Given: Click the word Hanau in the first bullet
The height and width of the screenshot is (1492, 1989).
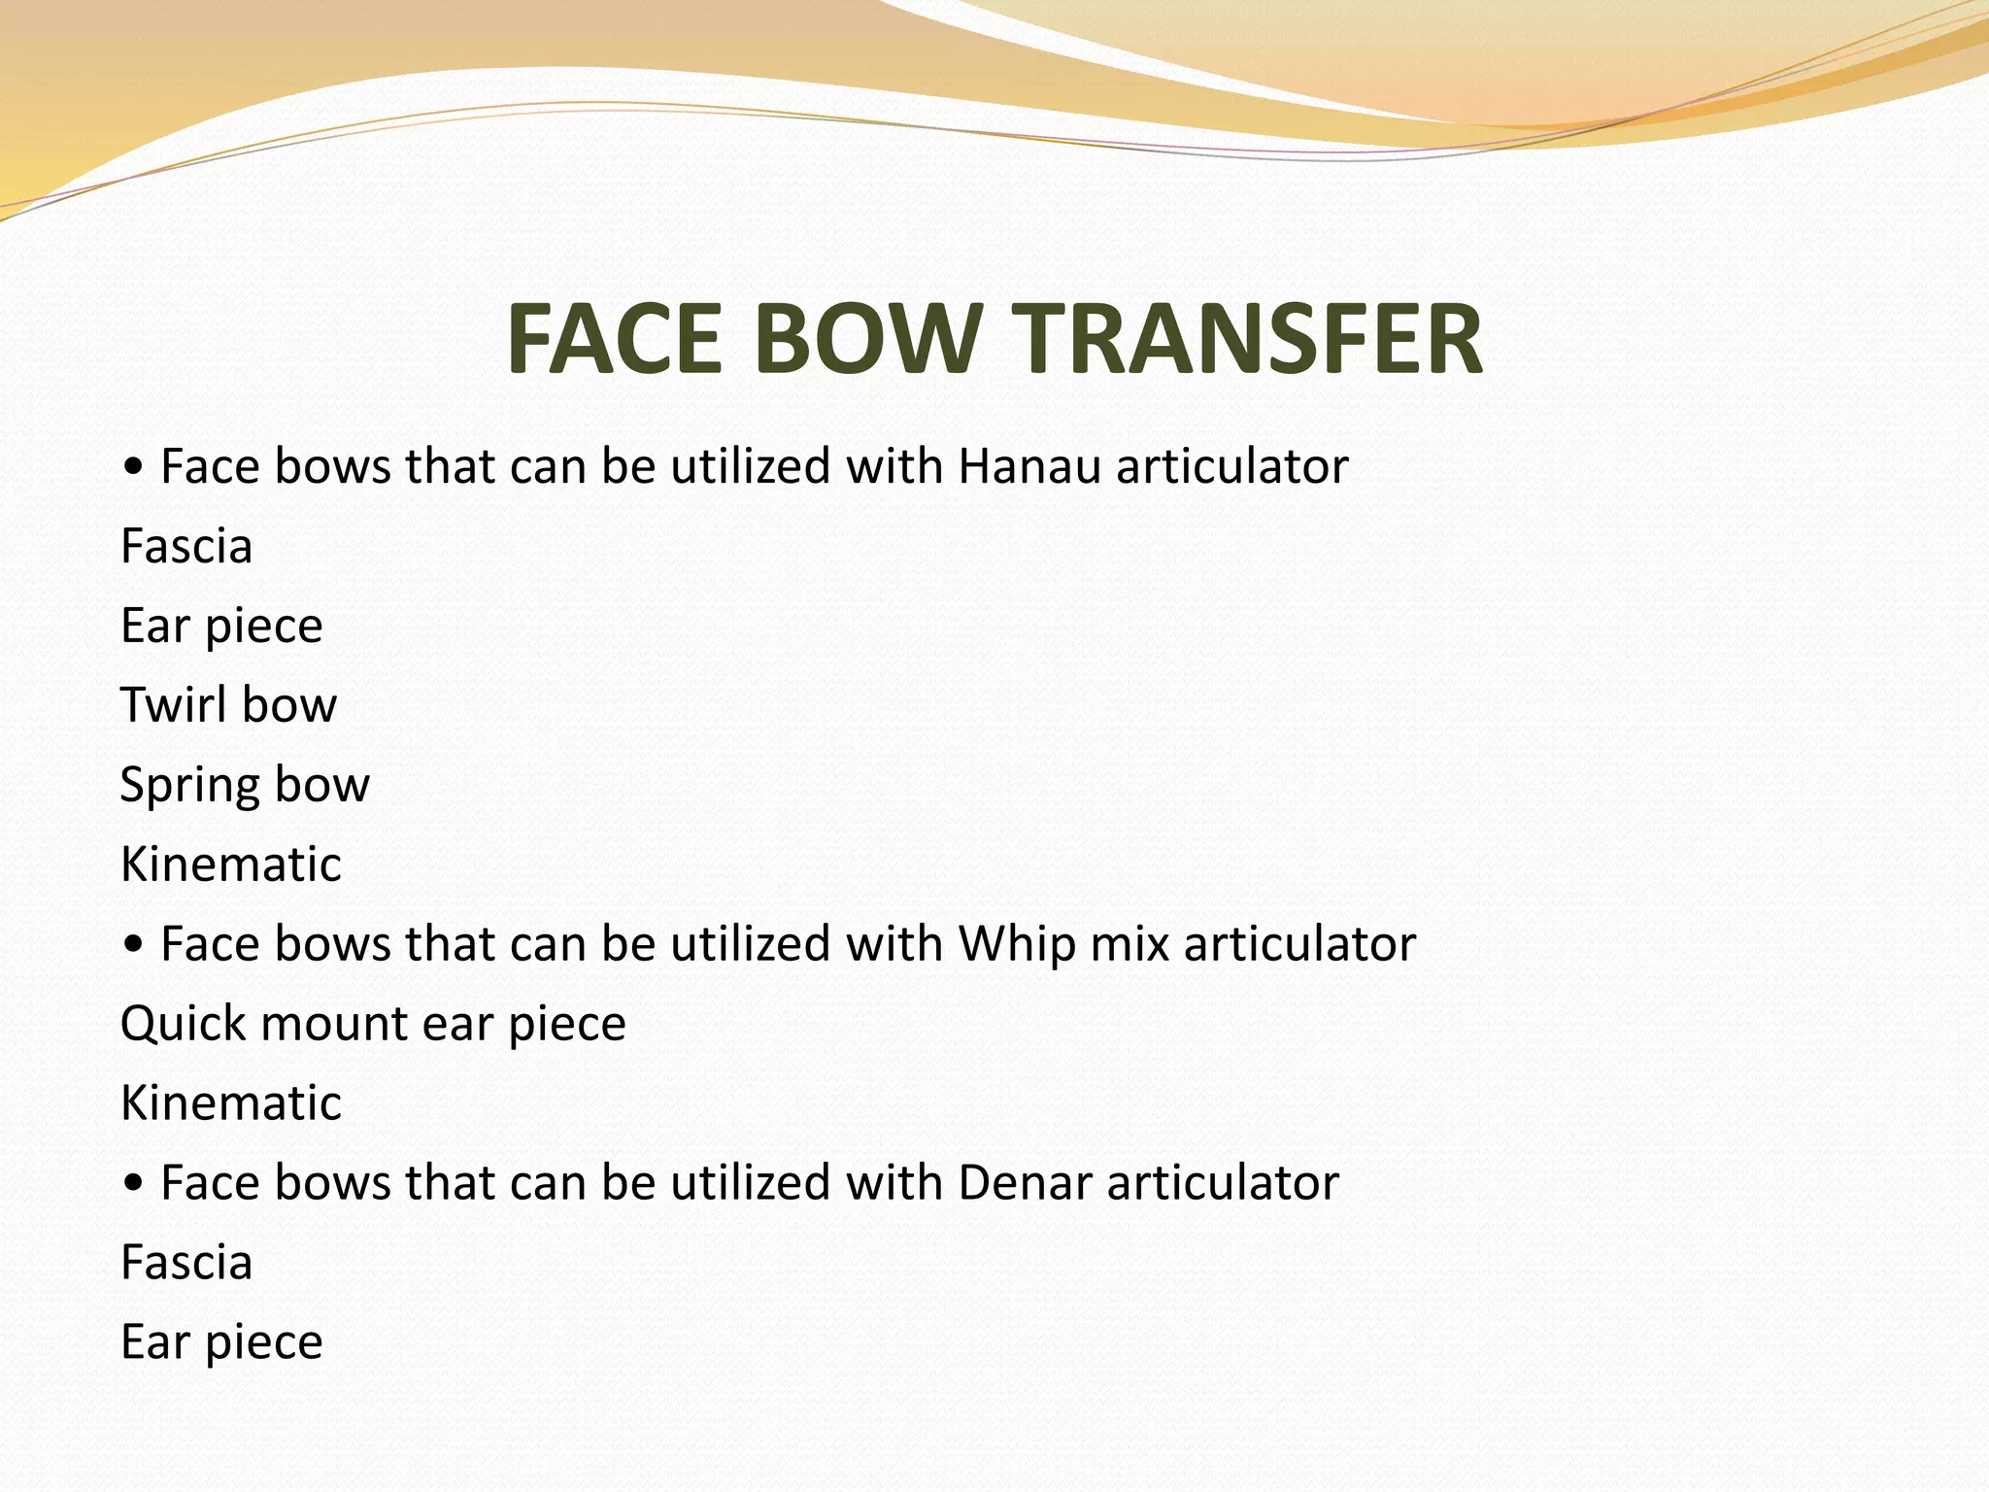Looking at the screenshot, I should (1028, 466).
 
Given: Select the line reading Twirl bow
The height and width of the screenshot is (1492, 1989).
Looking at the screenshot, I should (228, 704).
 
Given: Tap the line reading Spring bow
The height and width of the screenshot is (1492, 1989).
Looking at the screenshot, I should (245, 785).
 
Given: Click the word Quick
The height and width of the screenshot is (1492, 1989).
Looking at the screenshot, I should (182, 1024).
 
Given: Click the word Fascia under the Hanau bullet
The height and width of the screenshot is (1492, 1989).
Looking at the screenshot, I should (186, 546).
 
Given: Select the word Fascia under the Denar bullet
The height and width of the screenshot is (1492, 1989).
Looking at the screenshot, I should (186, 1263).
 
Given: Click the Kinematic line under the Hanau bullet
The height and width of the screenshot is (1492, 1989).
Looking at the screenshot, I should (231, 864).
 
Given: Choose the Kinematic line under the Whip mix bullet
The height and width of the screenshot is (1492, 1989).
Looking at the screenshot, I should (231, 1102).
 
